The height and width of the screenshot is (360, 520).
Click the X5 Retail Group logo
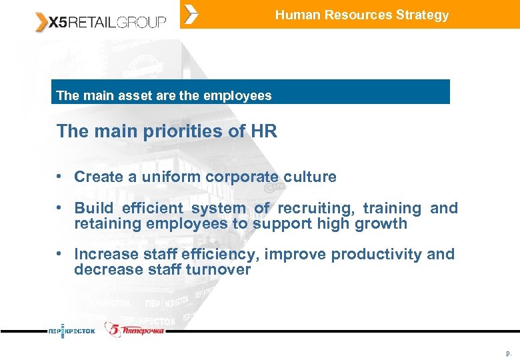(x=100, y=23)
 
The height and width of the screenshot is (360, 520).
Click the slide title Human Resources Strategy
(x=362, y=15)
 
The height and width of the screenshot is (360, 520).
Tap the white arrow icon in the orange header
(x=191, y=14)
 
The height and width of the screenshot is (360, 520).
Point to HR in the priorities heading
(x=264, y=131)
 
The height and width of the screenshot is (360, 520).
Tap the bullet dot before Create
(x=59, y=176)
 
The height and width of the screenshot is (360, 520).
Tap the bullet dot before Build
(x=59, y=207)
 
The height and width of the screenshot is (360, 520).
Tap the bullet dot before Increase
(x=59, y=253)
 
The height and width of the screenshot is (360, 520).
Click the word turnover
(x=218, y=269)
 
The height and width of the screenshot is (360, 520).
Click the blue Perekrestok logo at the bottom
(x=72, y=330)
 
